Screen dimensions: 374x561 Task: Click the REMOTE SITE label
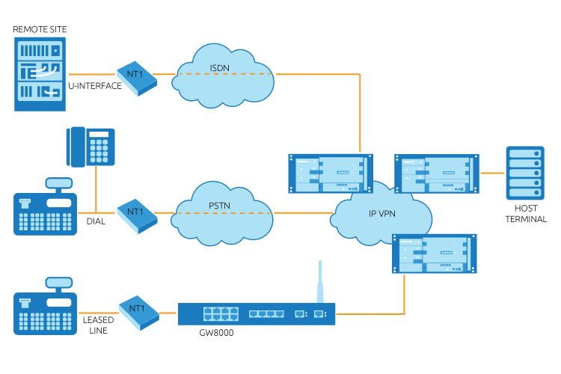click(40, 29)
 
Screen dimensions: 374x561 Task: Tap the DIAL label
click(93, 221)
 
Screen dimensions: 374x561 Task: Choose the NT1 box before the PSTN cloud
click(137, 215)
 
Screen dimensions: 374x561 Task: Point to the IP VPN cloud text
click(383, 212)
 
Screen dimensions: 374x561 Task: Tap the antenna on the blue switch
click(319, 280)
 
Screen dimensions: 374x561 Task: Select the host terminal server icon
click(522, 173)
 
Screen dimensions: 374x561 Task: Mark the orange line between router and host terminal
click(491, 173)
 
